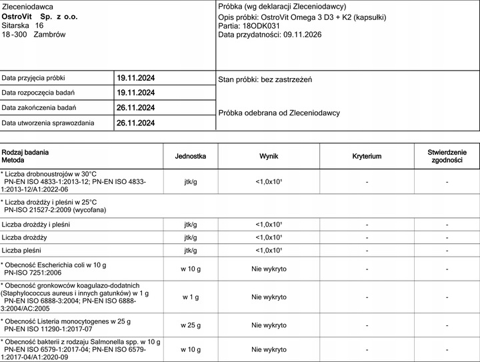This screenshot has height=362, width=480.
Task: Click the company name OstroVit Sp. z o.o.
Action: [x=40, y=15]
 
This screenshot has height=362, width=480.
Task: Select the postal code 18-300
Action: [x=15, y=33]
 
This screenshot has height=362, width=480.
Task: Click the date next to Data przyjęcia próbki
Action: [x=135, y=77]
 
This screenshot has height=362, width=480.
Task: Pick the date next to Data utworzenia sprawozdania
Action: [x=135, y=123]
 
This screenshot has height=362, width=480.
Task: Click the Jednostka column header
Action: [x=191, y=156]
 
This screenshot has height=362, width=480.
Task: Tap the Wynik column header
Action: [x=269, y=156]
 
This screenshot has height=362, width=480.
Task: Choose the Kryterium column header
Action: [x=367, y=156]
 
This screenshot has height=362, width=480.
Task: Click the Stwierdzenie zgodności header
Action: [x=447, y=156]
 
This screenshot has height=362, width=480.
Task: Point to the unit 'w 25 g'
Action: [x=191, y=325]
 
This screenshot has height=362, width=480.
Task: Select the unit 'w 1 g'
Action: [x=191, y=297]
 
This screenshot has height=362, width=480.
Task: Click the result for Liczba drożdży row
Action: [x=269, y=237]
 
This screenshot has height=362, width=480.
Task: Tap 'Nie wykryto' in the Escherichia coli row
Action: [x=269, y=269]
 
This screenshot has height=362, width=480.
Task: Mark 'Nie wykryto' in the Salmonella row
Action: [x=269, y=350]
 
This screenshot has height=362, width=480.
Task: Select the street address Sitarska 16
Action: [x=23, y=24]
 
